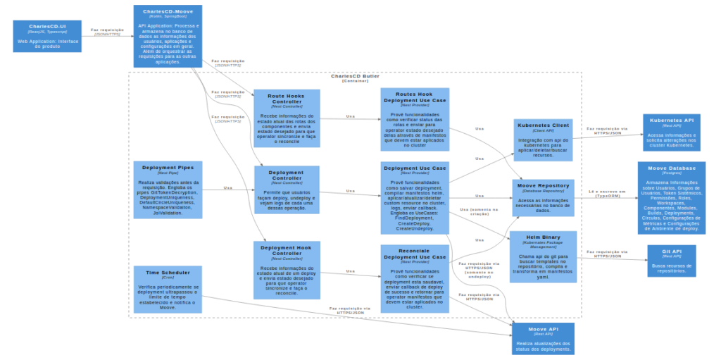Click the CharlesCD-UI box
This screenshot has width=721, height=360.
pyautogui.click(x=47, y=36)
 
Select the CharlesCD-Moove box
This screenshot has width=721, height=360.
pyautogui.click(x=168, y=36)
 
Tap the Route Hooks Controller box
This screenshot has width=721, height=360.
pyautogui.click(x=287, y=118)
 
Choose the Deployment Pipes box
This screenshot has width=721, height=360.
pyautogui.click(x=168, y=190)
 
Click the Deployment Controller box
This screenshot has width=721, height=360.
pyautogui.click(x=287, y=190)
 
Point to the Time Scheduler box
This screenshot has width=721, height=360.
pyautogui.click(x=168, y=290)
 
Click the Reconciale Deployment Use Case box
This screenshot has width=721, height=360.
pyautogui.click(x=415, y=278)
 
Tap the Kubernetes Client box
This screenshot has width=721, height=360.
pyautogui.click(x=542, y=139)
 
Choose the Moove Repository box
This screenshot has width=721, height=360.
pyautogui.click(x=542, y=199)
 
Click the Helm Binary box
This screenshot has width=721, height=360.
pyautogui.click(x=542, y=256)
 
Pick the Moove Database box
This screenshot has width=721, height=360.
pyautogui.click(x=671, y=197)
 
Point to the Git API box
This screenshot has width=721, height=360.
pyautogui.click(x=671, y=261)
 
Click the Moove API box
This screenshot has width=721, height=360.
pyautogui.click(x=542, y=339)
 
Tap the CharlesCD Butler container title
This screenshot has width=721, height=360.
pyautogui.click(x=355, y=77)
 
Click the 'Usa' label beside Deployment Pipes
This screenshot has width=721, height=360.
pyautogui.click(x=227, y=187)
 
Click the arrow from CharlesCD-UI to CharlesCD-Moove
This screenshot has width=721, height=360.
pyautogui.click(x=107, y=35)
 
